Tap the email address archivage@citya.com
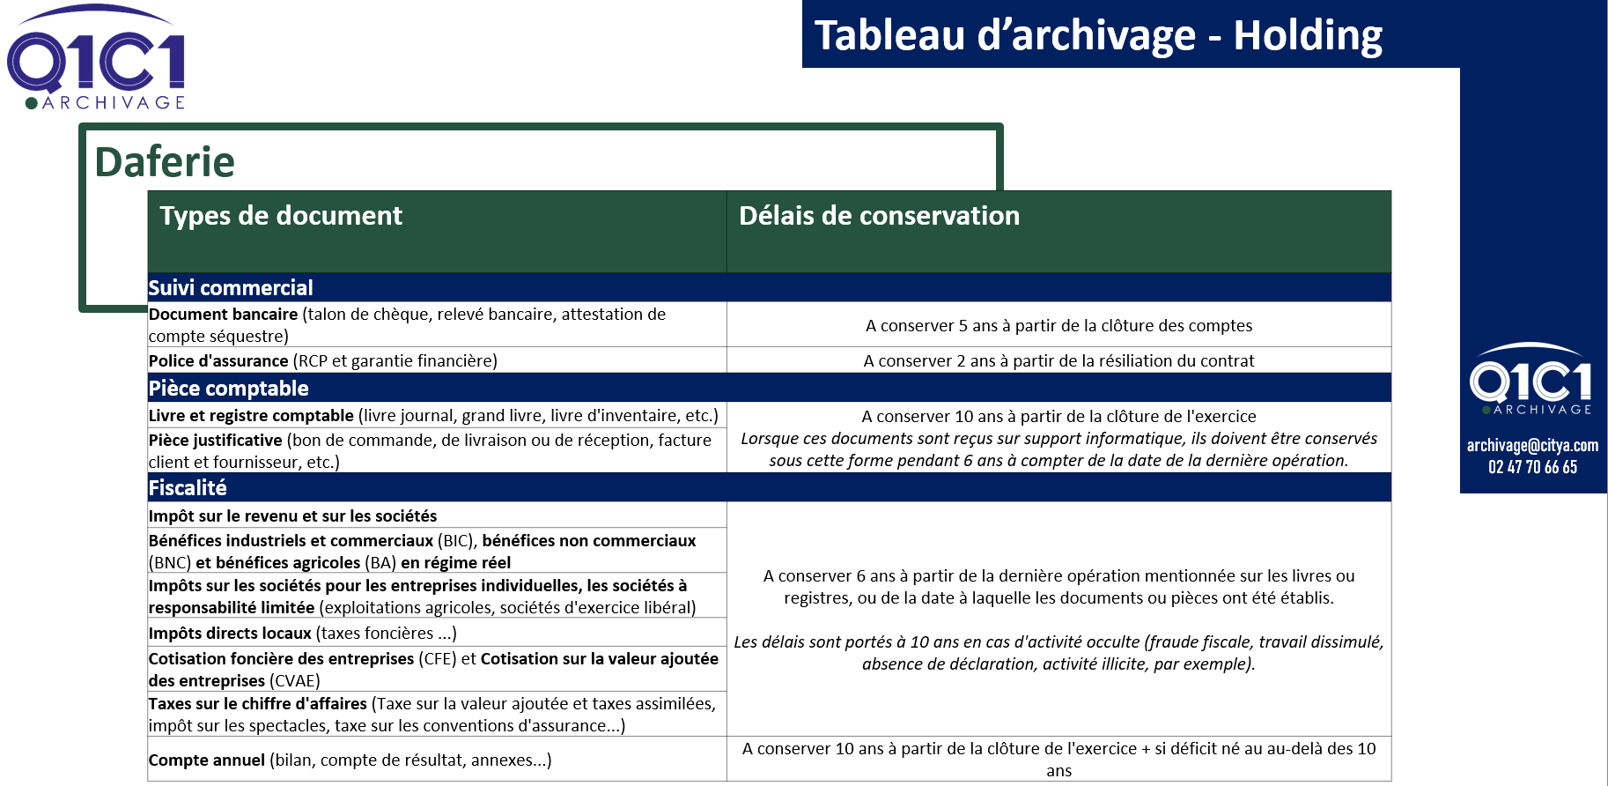tap(1532, 445)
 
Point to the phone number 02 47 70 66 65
tap(1532, 467)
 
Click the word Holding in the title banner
tap(1308, 36)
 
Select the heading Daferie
tap(165, 162)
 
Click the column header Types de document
tap(281, 216)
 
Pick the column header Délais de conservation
tap(879, 216)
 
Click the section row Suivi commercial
tap(231, 288)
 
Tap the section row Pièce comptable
tap(228, 389)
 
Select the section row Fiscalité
tap(188, 488)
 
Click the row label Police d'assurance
tap(218, 360)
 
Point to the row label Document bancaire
tap(224, 315)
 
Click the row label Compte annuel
tap(207, 760)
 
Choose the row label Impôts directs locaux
tap(230, 633)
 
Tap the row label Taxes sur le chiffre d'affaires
tap(258, 703)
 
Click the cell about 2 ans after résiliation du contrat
tap(1058, 360)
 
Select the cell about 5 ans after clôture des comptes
tap(1058, 325)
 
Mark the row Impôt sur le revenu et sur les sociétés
tap(292, 515)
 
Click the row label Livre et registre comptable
tap(251, 415)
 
